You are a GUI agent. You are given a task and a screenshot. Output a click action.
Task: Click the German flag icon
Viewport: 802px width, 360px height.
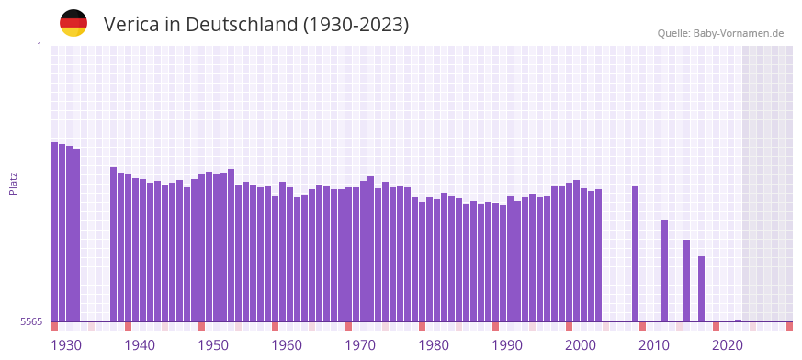coord(73,23)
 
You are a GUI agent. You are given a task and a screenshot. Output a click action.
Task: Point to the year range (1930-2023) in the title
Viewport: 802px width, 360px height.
coord(356,25)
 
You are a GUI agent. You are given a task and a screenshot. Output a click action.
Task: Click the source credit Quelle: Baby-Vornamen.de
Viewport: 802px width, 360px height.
coord(720,33)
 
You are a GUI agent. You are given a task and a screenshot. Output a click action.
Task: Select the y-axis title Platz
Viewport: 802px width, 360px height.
coord(13,184)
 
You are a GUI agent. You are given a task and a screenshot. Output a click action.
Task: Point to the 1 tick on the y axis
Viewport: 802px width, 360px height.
coord(39,46)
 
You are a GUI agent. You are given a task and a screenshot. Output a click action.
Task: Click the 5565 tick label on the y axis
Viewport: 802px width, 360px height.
coord(31,321)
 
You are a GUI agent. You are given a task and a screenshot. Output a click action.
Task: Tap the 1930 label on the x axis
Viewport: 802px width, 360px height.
coord(66,345)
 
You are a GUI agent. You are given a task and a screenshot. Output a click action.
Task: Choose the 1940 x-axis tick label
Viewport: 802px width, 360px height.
coord(140,345)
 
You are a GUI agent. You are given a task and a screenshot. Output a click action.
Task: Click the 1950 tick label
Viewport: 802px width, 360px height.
coord(213,345)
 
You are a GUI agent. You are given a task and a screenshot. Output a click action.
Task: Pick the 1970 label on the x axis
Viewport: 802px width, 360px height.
coord(360,345)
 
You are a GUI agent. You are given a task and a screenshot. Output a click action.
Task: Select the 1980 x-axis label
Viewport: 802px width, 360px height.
coord(434,345)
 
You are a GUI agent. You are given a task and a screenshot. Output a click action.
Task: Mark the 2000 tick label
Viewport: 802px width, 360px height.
coord(581,345)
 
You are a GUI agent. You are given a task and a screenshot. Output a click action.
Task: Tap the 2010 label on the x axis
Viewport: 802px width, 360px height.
coord(654,345)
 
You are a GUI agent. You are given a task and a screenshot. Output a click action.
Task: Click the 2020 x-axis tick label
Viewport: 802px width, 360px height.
coord(728,345)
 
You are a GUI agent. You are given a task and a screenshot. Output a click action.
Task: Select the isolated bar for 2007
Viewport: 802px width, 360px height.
coord(635,253)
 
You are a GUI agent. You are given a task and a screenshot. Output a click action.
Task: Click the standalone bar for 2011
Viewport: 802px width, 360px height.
coord(664,271)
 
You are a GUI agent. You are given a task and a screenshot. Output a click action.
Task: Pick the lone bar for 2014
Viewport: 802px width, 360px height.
coord(686,280)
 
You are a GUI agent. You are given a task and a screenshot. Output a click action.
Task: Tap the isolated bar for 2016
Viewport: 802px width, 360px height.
coord(701,288)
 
